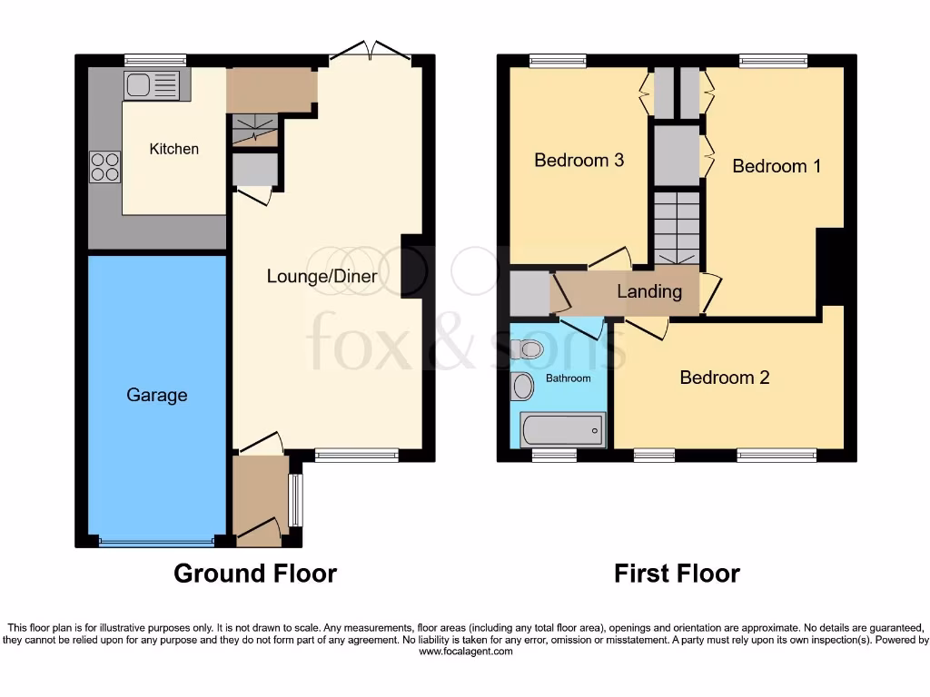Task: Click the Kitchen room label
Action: (173, 149)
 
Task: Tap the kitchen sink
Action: (153, 85)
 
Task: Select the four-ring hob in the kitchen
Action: (104, 167)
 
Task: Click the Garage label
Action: (157, 395)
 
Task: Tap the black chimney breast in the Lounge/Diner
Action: (412, 267)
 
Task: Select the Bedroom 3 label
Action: (579, 161)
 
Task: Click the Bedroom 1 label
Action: (777, 166)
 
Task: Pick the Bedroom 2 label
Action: (725, 378)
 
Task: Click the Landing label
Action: (648, 291)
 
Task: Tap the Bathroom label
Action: (568, 378)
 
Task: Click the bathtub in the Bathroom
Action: (562, 429)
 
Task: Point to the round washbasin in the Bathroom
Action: (522, 387)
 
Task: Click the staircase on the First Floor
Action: (675, 228)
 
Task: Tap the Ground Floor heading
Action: (254, 574)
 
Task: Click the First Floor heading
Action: (677, 574)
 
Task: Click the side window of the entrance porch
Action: (293, 500)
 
